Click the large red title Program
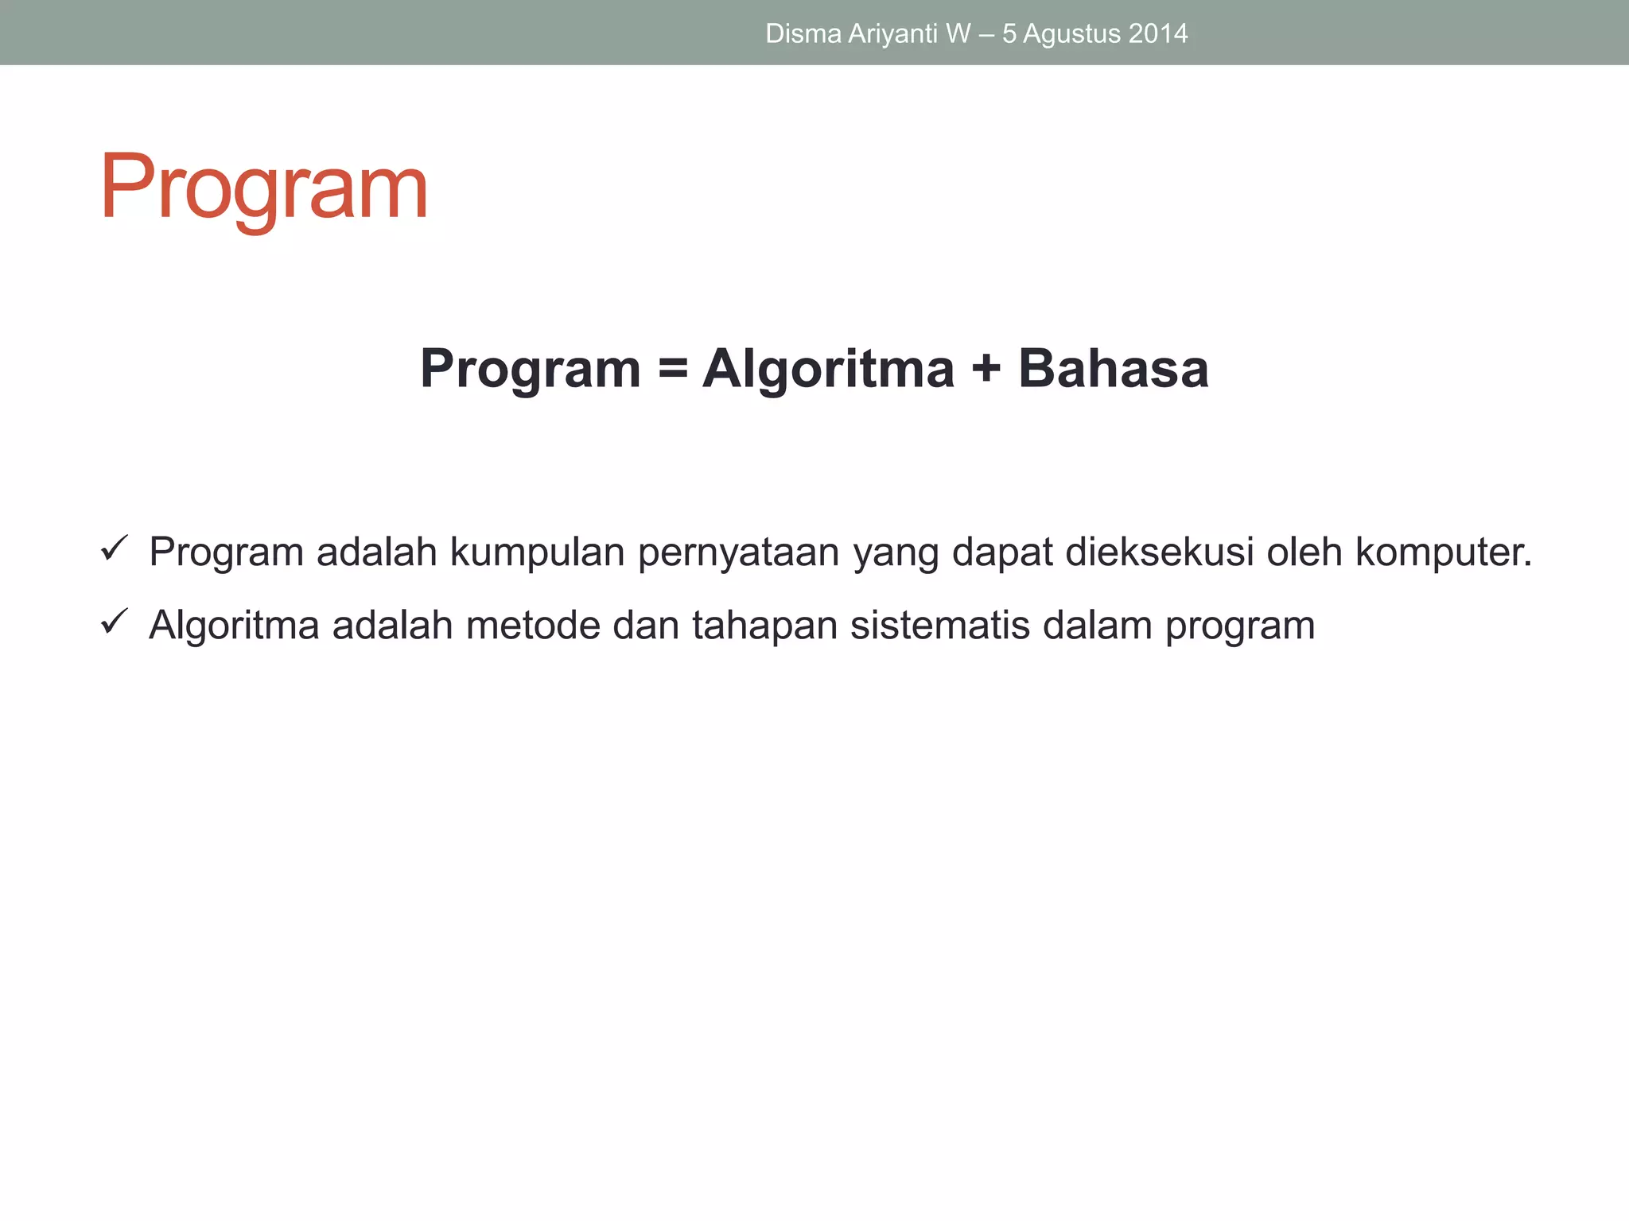point(263,188)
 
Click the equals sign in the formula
point(672,370)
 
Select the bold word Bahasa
point(1113,370)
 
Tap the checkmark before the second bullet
point(115,621)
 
